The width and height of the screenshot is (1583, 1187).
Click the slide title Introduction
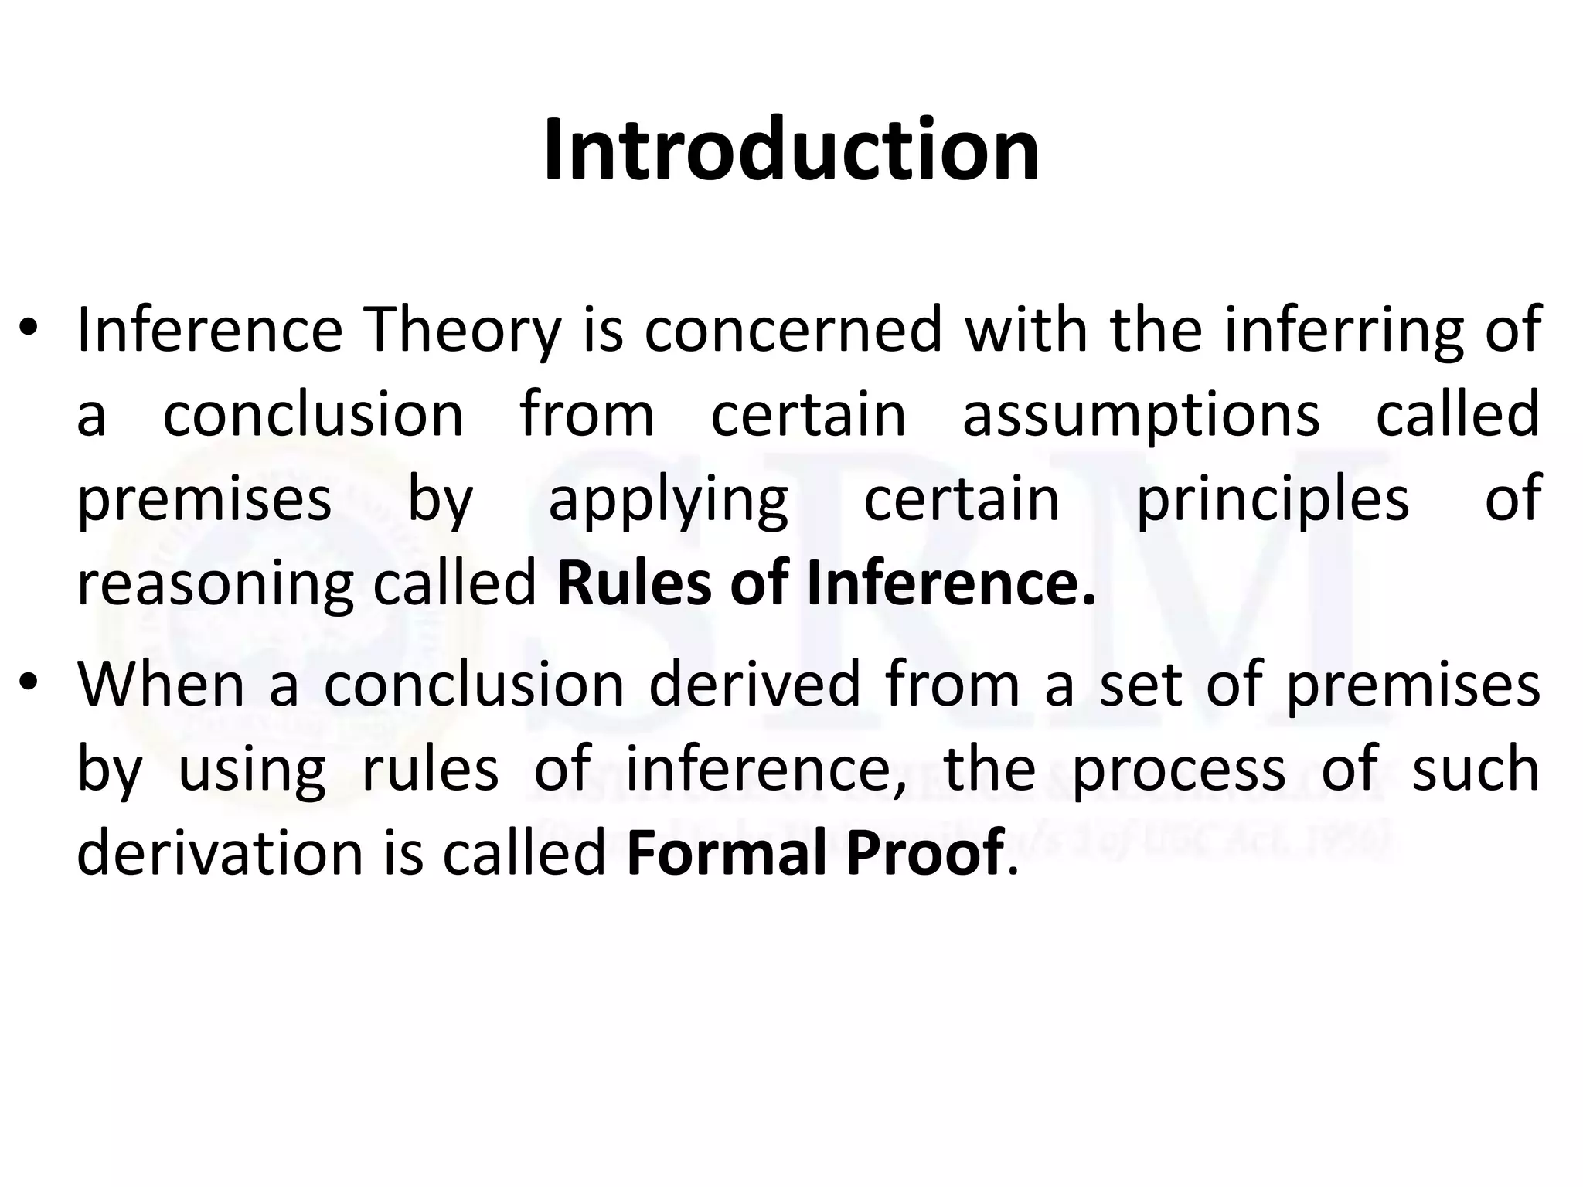point(791,150)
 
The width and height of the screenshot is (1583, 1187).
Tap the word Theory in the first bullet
point(462,330)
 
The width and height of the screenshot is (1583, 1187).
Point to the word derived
point(754,684)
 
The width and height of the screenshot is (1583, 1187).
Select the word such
point(1476,769)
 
